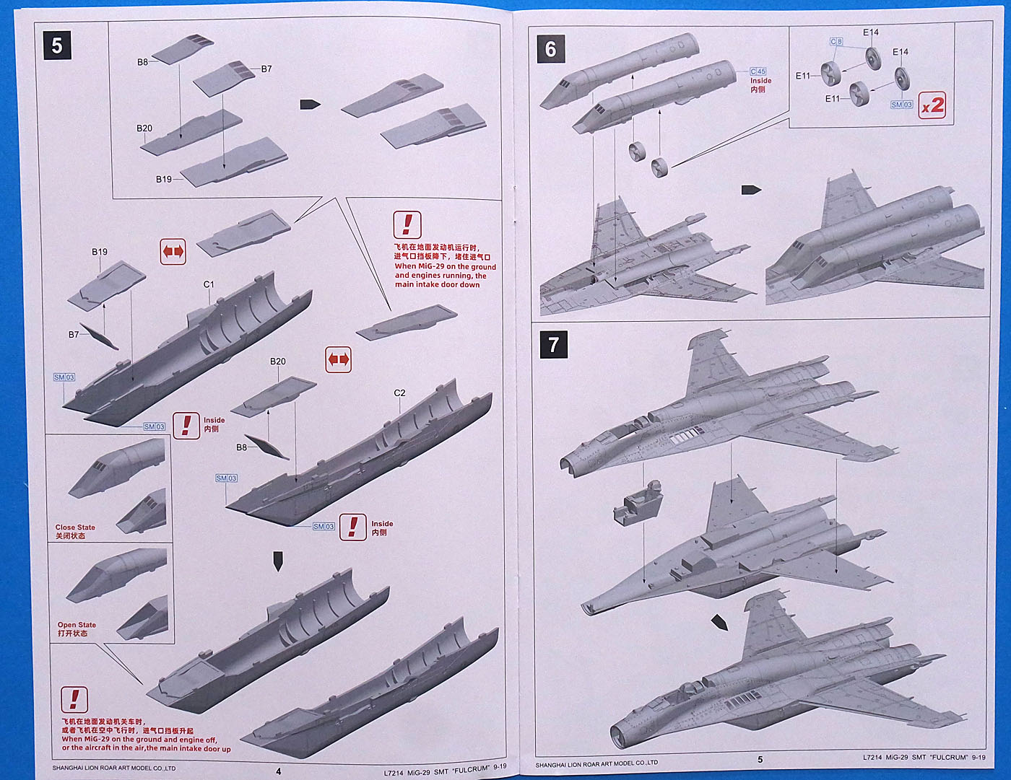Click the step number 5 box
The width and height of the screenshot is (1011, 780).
(x=57, y=46)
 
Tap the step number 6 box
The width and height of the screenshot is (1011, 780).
(x=551, y=48)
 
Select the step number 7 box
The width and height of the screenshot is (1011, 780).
(x=554, y=345)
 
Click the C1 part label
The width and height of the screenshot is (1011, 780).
(x=209, y=284)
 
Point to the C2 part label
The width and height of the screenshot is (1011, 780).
(x=399, y=393)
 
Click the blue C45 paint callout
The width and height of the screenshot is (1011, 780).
(x=758, y=71)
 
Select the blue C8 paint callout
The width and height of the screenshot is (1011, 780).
(x=836, y=42)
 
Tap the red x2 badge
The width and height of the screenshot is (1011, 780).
(x=932, y=105)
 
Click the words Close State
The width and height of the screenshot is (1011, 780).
(x=75, y=527)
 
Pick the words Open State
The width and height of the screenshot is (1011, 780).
(x=77, y=625)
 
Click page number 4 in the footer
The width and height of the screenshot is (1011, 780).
(x=279, y=771)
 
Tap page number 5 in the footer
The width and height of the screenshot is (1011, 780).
(x=760, y=759)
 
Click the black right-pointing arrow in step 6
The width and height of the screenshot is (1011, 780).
(x=751, y=190)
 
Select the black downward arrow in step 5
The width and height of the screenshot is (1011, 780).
(x=278, y=561)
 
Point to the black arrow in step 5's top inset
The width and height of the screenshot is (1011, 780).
(x=310, y=105)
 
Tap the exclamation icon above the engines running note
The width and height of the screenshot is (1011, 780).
(x=407, y=225)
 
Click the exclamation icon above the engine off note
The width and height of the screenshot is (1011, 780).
(x=74, y=699)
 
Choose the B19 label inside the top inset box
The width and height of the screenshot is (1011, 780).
(x=164, y=179)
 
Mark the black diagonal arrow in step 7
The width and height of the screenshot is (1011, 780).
(x=719, y=621)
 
